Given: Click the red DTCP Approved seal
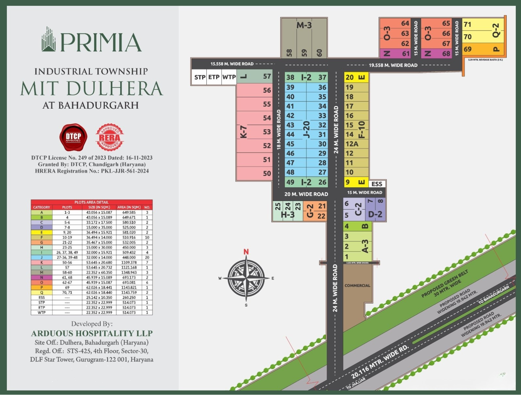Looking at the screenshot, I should coord(73,137).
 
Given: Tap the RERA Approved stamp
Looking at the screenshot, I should coord(110,137).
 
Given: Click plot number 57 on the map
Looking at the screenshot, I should coord(267,76).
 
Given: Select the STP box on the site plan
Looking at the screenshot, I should coord(200,77).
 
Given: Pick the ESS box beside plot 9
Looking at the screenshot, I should coord(377,184).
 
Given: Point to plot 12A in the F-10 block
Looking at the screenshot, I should coord(352,144).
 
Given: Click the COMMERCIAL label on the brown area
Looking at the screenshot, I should coord(357,285).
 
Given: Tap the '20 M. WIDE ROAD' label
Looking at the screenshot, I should coord(306,194).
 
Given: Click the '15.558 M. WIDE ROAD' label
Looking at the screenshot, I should coord(232,64).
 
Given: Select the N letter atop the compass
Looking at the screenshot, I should coord(246,252).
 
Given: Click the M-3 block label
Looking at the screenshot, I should coord(304,25).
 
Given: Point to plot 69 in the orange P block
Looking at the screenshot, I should coord(468,49).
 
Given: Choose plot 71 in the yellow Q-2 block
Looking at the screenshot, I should coord(468,24).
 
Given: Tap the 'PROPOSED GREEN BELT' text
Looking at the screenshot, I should coord(444,283).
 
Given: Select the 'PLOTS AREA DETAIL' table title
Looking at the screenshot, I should coord(92,202).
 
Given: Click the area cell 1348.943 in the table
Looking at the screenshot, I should coord(129,272).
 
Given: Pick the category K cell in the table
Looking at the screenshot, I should coord(41,262).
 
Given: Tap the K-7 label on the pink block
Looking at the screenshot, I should coord(244,132).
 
